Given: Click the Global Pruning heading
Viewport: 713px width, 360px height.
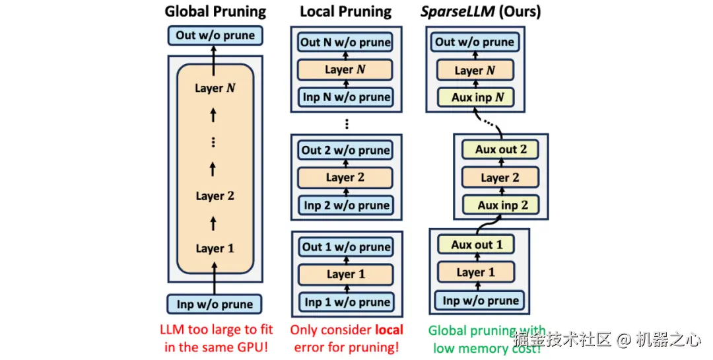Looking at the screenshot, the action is [215, 11].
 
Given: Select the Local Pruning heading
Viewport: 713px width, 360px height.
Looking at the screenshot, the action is [345, 11].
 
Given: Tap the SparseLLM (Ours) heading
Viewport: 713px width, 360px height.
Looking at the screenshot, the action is [481, 11].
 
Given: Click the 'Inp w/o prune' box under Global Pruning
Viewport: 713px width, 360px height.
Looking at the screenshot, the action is [215, 305].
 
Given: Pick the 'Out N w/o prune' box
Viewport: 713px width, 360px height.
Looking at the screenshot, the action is [345, 42].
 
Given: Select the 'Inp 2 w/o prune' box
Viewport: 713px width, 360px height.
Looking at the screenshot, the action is [345, 205].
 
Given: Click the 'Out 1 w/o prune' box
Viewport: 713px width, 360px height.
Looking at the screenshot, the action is [345, 247].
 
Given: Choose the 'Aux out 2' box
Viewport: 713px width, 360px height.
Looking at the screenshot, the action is [500, 149].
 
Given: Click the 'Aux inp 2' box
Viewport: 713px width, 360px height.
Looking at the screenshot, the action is [500, 205].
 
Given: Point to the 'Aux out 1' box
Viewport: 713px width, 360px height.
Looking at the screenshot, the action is [477, 244].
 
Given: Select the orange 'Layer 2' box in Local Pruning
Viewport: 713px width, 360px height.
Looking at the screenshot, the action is [345, 177].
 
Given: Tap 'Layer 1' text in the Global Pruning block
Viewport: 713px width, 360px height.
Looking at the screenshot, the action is [215, 248].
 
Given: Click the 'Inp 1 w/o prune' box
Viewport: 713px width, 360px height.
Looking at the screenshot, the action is [345, 302].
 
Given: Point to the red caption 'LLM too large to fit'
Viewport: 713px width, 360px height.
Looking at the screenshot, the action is [215, 330].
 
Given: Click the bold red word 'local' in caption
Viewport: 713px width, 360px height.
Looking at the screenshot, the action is [389, 330].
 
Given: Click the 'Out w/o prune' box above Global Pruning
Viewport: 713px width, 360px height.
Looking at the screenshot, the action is [215, 35].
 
